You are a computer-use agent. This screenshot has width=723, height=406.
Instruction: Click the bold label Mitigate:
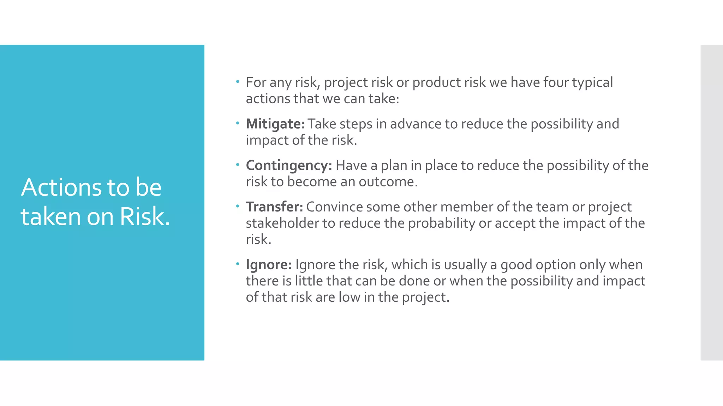click(x=275, y=124)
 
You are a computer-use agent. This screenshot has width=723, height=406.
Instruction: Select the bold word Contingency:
click(x=289, y=166)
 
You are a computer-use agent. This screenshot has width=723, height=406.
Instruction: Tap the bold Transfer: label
click(x=274, y=207)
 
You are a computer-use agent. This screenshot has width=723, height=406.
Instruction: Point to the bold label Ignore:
click(x=269, y=265)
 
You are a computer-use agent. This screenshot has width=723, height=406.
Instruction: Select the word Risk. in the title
click(x=145, y=216)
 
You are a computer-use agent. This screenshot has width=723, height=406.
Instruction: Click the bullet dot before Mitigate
click(x=238, y=123)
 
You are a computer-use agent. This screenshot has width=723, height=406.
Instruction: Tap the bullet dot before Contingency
click(x=238, y=165)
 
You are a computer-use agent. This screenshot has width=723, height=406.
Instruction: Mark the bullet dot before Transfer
click(x=238, y=206)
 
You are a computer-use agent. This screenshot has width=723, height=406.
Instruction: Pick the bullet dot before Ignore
click(x=238, y=264)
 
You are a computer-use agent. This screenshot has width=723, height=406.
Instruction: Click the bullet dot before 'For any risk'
click(x=238, y=82)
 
